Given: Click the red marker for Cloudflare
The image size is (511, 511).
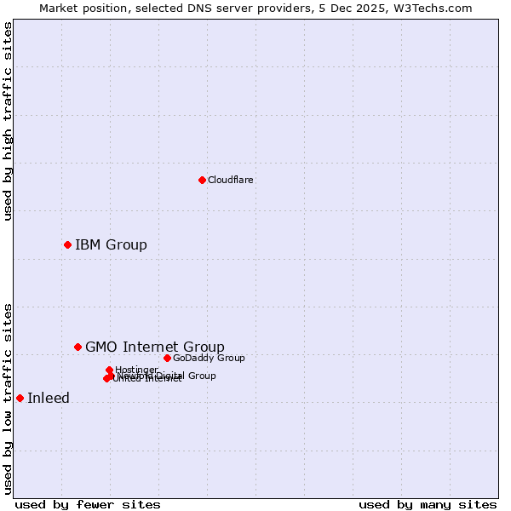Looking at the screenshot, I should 202,180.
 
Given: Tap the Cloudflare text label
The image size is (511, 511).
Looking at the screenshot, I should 230,180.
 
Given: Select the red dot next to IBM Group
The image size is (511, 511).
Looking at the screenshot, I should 67,244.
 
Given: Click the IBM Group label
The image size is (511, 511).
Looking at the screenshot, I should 111,245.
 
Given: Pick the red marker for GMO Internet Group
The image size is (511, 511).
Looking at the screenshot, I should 78,347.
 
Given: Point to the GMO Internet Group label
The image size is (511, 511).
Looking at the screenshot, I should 154,347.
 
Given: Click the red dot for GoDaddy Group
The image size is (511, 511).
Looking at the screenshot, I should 167,358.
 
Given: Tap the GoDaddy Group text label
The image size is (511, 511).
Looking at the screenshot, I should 209,358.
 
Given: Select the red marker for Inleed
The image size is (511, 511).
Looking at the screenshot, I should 20,398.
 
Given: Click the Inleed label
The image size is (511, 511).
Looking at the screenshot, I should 49,398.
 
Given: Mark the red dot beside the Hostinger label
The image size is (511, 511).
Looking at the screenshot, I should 109,370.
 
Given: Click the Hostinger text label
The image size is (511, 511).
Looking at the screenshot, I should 136,370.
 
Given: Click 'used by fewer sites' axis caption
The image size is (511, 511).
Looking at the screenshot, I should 88,504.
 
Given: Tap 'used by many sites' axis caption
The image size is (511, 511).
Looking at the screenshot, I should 428,504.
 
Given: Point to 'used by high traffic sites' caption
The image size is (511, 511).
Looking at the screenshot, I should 9,121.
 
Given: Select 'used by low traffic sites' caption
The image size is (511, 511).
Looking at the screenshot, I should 9,399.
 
